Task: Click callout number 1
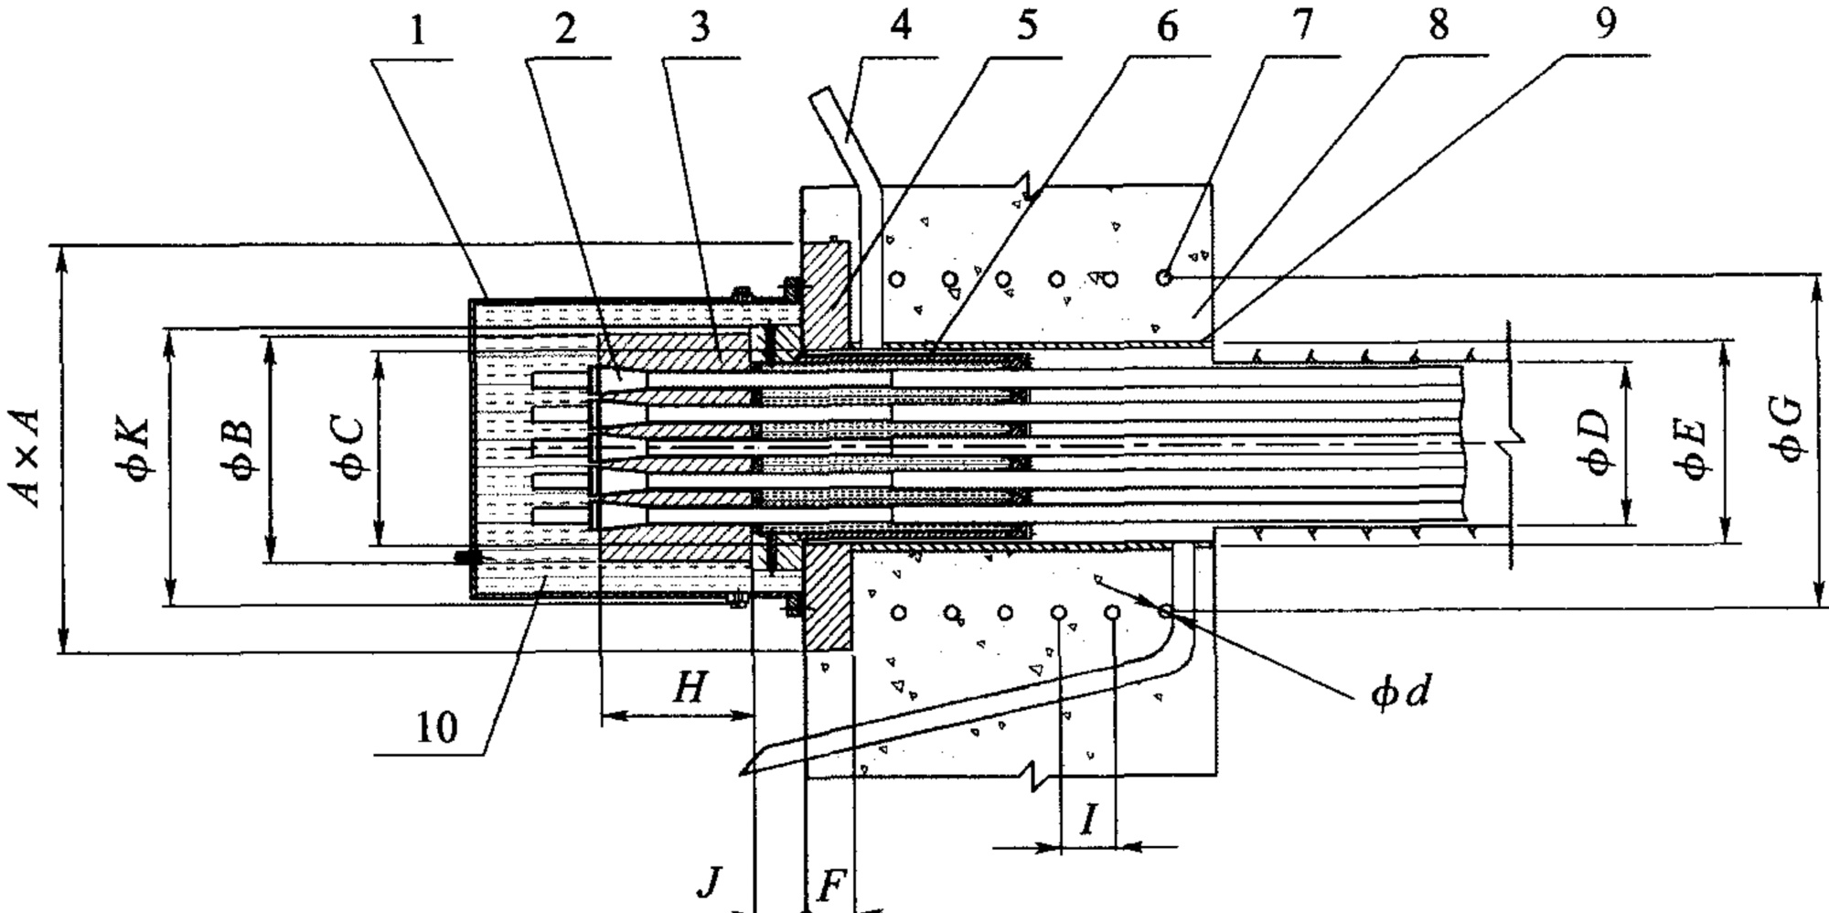[x=417, y=31]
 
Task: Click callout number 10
[x=436, y=729]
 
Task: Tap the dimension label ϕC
[x=348, y=447]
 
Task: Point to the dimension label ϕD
[x=1595, y=442]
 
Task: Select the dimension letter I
[x=1088, y=821]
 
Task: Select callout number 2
[x=565, y=28]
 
